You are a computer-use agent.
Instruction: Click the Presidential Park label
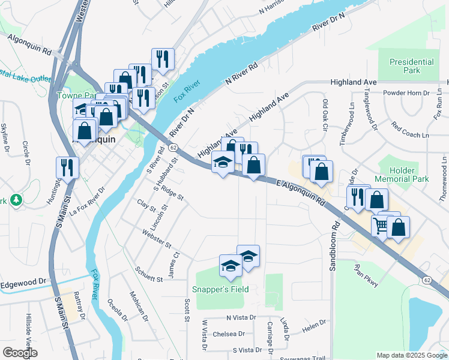[411, 66]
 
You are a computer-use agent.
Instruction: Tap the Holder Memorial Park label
[401, 175]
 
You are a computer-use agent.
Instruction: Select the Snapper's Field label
[220, 289]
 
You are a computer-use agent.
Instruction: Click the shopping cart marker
[380, 226]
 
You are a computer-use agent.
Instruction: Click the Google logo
[20, 353]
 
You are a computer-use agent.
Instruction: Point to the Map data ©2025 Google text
[412, 355]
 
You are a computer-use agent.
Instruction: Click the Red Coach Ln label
[411, 130]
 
